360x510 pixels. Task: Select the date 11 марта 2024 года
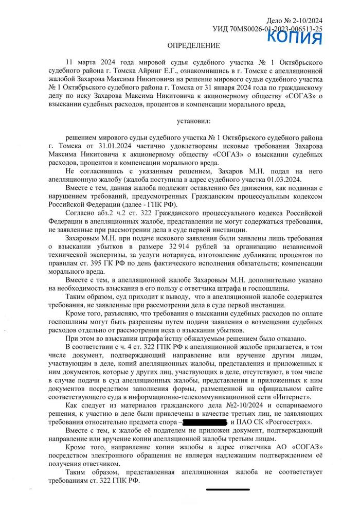(91, 62)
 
